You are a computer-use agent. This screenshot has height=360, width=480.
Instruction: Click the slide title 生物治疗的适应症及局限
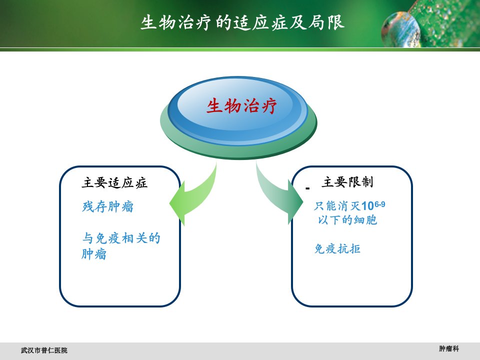[x=242, y=22]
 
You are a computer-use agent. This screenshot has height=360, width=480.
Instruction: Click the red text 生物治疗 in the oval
[x=241, y=106]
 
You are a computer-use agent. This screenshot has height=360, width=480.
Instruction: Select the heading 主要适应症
[x=114, y=183]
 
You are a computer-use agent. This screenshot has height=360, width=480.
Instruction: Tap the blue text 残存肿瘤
[x=108, y=206]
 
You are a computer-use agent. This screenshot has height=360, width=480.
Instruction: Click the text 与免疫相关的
[x=121, y=238]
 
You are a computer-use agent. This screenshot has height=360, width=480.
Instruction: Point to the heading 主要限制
[x=347, y=182]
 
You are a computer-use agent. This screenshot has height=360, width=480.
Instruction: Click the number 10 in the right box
[x=367, y=206]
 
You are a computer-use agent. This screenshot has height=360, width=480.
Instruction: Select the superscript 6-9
[x=379, y=204]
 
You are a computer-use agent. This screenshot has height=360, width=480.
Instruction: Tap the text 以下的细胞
[x=347, y=220]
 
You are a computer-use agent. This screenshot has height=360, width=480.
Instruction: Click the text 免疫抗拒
[x=337, y=248]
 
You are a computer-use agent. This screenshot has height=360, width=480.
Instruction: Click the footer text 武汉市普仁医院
[x=44, y=350]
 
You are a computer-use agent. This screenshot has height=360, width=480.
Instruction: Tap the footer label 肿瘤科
[x=449, y=348]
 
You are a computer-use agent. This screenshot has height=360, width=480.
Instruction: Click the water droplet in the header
[x=400, y=29]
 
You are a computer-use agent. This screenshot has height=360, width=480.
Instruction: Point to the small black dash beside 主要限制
[x=307, y=188]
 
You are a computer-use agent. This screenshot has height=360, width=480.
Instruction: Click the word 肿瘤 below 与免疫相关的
[x=94, y=254]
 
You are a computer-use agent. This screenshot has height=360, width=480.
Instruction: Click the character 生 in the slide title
[x=149, y=22]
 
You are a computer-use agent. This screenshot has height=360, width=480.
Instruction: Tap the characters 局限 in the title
[x=326, y=22]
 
